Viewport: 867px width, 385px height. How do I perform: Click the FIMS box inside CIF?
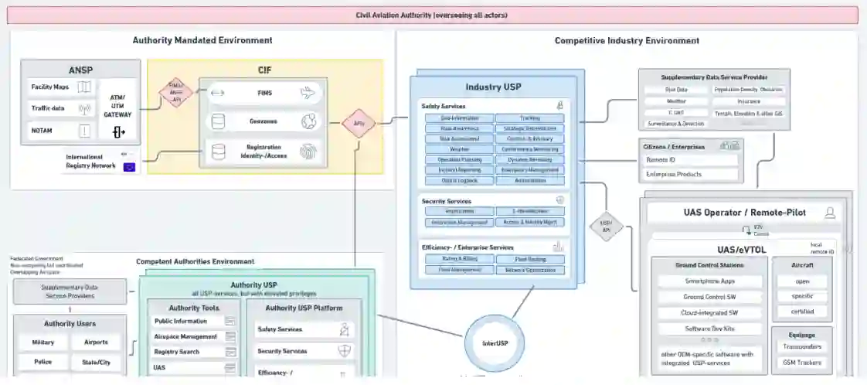click(265, 94)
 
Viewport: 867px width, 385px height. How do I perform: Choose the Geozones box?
click(265, 121)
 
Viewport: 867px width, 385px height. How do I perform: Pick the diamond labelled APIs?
click(358, 123)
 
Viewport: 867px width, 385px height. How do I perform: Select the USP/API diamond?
click(605, 225)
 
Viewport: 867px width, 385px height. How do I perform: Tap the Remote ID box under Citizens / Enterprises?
click(690, 160)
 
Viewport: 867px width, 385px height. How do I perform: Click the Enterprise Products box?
click(690, 174)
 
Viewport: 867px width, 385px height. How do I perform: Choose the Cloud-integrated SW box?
click(709, 312)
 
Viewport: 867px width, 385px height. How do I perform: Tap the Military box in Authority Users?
click(43, 342)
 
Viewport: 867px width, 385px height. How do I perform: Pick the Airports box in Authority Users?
click(96, 342)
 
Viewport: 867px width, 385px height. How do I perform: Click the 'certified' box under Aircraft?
click(801, 312)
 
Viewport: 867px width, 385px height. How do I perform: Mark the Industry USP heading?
click(492, 87)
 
